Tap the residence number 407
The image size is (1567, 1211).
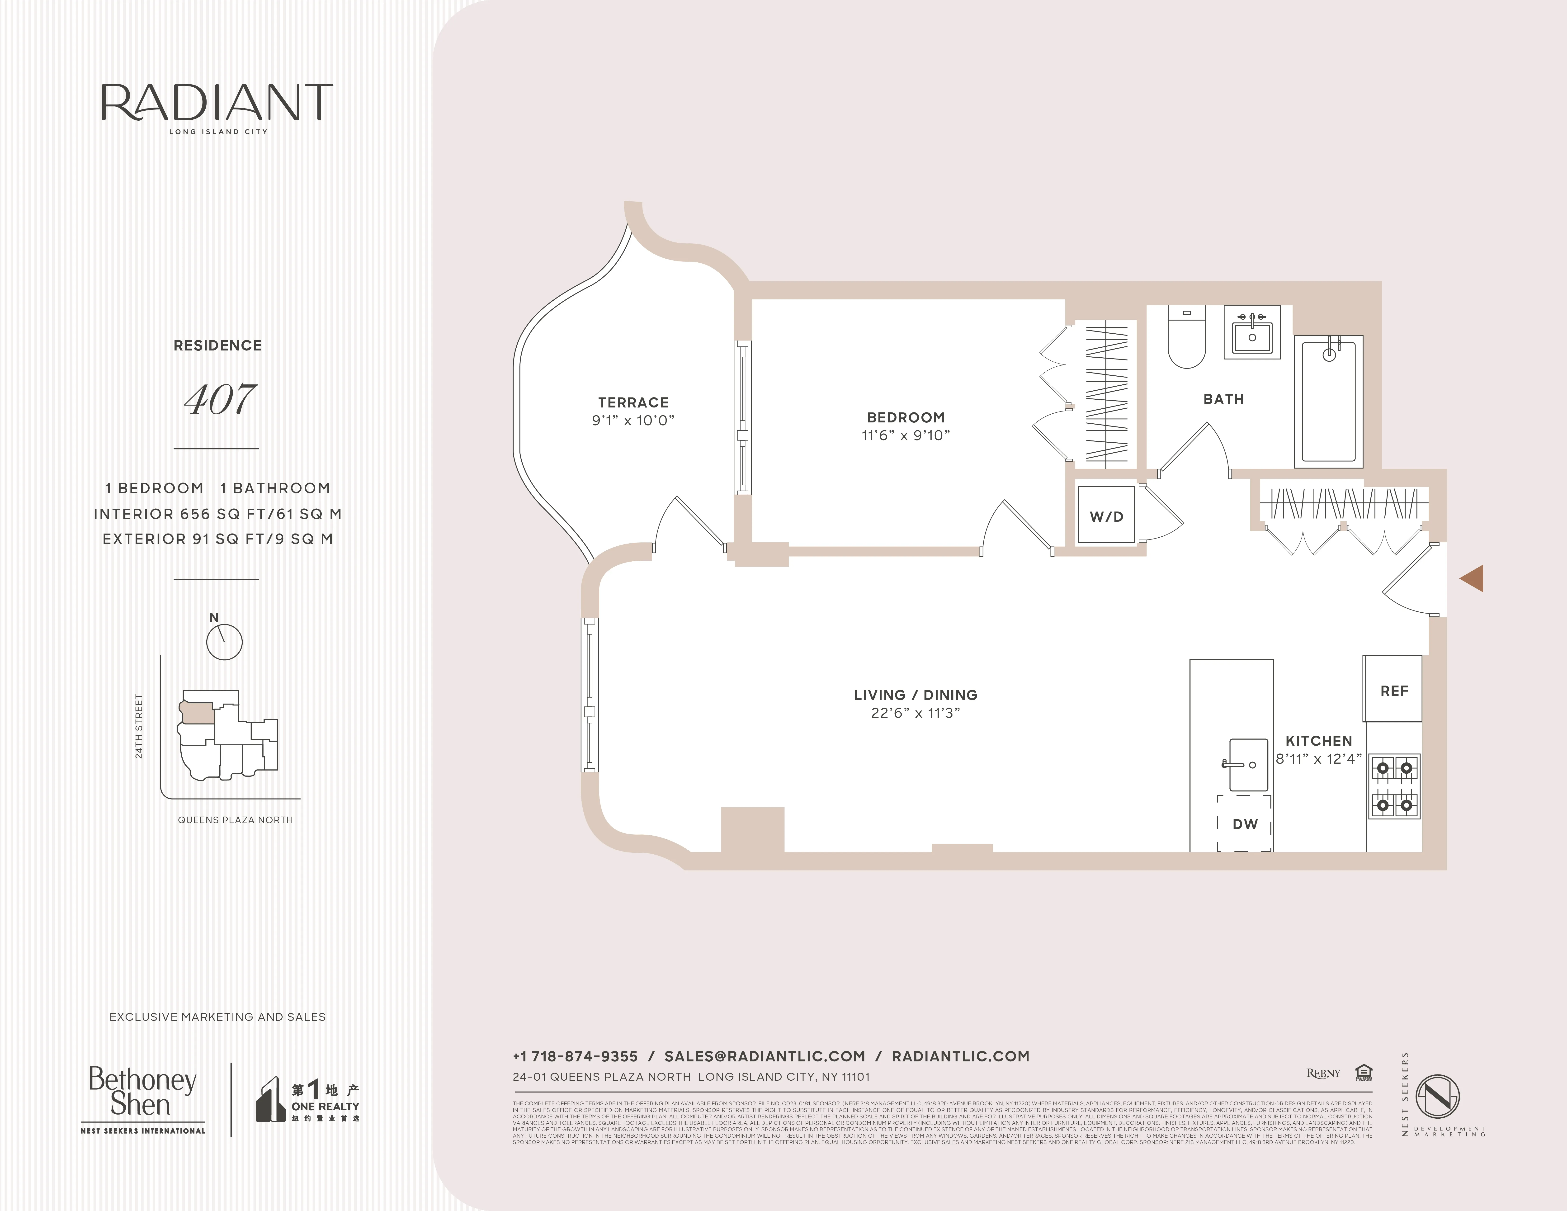[220, 400]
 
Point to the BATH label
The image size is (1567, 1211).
[1223, 399]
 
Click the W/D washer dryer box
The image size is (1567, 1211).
[1106, 516]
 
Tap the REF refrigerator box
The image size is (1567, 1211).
[1393, 690]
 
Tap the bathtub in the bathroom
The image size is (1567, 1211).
[1328, 402]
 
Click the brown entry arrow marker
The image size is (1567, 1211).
[1472, 578]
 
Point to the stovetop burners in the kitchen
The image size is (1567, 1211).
[1395, 786]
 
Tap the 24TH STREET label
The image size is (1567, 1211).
[139, 726]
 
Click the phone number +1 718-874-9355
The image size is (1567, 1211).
[575, 1056]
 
